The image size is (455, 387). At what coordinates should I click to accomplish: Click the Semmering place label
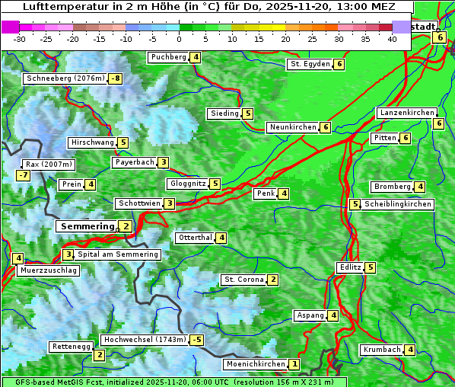pyautogui.click(x=87, y=226)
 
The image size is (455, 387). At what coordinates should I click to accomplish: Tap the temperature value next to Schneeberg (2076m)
pyautogui.click(x=116, y=78)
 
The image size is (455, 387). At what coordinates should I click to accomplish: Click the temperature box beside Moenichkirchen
pyautogui.click(x=294, y=364)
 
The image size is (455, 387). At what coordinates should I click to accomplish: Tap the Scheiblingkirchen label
pyautogui.click(x=397, y=204)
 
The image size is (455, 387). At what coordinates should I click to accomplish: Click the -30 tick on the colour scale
pyautogui.click(x=20, y=39)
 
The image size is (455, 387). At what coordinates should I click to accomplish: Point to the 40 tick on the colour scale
pyautogui.click(x=392, y=39)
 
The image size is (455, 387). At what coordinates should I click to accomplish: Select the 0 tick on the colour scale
pyautogui.click(x=180, y=39)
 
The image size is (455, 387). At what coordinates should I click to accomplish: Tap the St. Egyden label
pyautogui.click(x=310, y=64)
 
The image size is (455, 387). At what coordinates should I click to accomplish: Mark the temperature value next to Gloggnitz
pyautogui.click(x=215, y=184)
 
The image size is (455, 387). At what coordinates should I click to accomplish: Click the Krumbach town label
pyautogui.click(x=381, y=350)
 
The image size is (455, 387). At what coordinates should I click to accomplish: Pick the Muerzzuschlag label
pyautogui.click(x=49, y=270)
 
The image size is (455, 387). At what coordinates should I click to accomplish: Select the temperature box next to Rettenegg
pyautogui.click(x=99, y=355)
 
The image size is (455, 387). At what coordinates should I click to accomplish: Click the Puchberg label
pyautogui.click(x=168, y=57)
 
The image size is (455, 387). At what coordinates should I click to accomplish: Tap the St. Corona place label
pyautogui.click(x=243, y=280)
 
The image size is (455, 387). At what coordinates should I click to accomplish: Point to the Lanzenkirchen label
pyautogui.click(x=406, y=113)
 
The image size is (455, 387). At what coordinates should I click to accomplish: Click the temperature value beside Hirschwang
pyautogui.click(x=123, y=142)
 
